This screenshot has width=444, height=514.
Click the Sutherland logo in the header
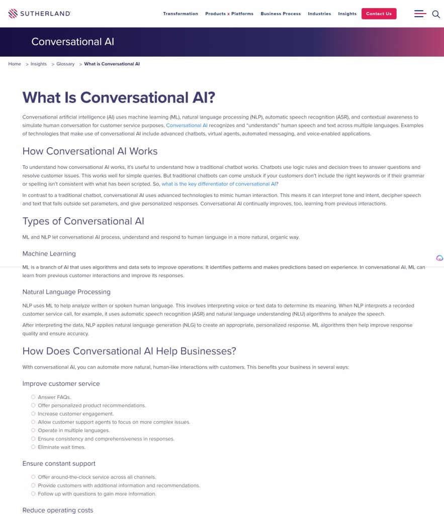pos(39,14)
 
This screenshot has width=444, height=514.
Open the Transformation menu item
pos(181,14)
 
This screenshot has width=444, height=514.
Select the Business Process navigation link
pos(281,14)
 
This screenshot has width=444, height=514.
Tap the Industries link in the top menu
pos(319,14)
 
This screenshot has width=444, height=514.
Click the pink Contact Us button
pos(379,14)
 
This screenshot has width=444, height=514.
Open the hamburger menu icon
pos(420,14)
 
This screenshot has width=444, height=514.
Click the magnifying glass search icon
pos(436,14)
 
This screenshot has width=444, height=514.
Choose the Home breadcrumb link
pos(15,64)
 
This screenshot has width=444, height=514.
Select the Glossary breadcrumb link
pos(65,64)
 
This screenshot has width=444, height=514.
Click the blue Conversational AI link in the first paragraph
pos(187,125)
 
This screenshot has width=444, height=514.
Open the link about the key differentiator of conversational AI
pos(218,184)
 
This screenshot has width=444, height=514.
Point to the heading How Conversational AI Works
pos(90,151)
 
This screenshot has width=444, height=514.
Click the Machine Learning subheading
pos(49,254)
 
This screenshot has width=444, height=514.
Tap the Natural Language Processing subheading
pos(66,292)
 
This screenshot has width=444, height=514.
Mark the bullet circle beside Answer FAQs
pos(33,397)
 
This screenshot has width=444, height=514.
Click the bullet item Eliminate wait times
pos(61,447)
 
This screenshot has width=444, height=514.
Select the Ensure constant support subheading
pos(59,463)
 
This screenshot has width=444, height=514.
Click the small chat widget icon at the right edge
pos(439,258)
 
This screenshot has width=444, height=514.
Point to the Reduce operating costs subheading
pos(58,510)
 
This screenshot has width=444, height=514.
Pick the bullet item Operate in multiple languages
pos(73,431)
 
